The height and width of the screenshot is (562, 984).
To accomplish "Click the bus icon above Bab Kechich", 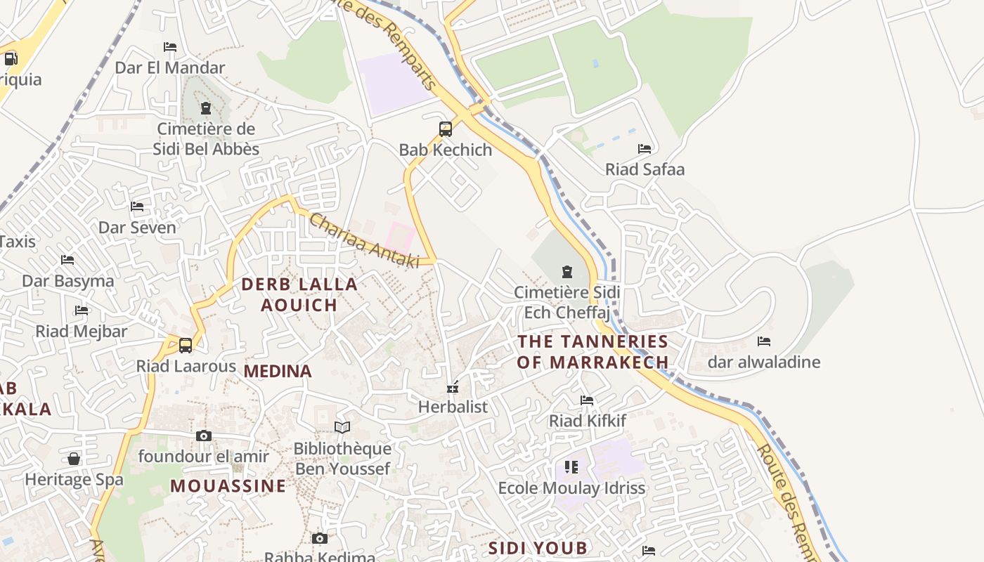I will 446,129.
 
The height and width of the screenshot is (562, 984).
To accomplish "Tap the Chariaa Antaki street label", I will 364,241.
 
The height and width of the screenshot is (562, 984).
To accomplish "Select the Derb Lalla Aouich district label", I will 299,294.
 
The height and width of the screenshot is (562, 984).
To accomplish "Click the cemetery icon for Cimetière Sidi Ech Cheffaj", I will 567,271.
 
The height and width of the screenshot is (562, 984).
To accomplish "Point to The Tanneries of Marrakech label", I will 593,352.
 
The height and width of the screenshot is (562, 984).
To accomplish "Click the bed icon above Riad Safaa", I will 644,148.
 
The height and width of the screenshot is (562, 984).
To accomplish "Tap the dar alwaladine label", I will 763,362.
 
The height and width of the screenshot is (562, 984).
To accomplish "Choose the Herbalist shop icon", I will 453,387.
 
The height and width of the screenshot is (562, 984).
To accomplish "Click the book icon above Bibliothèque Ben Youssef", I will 342,427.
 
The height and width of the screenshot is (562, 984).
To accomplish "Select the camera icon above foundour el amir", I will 204,436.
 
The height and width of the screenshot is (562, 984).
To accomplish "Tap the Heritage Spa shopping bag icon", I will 74,459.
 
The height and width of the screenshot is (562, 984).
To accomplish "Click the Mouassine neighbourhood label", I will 228,486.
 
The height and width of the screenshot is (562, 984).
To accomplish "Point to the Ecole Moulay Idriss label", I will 571,488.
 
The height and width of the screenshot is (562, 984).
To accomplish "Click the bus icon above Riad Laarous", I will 186,345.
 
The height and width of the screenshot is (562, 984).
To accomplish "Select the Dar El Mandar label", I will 169,68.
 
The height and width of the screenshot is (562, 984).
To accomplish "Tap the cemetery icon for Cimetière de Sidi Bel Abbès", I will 206,108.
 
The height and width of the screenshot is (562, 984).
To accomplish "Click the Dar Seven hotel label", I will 137,228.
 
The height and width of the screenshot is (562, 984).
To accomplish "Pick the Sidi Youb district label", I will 538,548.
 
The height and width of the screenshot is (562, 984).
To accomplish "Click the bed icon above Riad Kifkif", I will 587,400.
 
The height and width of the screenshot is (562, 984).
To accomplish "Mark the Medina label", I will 278,372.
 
